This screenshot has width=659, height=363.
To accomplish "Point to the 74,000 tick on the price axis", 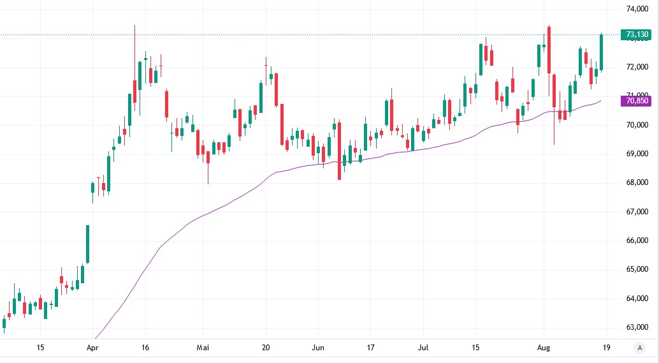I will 637,9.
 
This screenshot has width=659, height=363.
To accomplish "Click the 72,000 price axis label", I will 637,67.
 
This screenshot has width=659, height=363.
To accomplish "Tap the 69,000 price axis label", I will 637,154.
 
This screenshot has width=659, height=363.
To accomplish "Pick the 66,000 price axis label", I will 637,241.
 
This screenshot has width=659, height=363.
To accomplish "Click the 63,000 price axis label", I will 637,327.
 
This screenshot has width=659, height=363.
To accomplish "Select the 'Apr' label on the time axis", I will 92,348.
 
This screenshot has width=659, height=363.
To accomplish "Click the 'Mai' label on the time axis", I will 203,348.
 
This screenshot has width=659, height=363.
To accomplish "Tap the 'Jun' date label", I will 318,348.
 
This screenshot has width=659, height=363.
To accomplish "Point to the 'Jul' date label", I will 423,348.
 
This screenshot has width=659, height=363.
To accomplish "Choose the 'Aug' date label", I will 544,348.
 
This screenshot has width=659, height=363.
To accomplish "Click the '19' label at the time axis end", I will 606,348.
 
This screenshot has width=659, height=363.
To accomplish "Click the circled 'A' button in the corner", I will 639,348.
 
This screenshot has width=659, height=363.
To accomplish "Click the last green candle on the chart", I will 602,52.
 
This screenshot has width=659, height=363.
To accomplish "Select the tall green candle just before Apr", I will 88,244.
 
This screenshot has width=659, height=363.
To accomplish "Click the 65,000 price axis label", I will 637,269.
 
